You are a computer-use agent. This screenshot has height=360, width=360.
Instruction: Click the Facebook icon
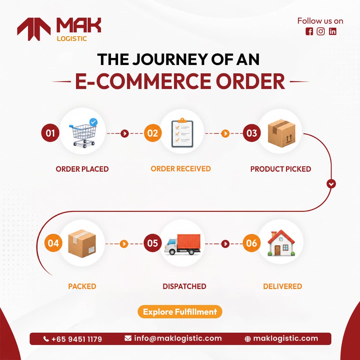pyautogui.click(x=309, y=31)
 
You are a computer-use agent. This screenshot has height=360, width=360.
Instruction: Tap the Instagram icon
pyautogui.click(x=321, y=31)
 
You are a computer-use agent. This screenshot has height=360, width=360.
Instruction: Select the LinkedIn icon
pyautogui.click(x=332, y=31)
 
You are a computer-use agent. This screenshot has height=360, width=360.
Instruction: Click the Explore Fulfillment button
pyautogui.click(x=180, y=312)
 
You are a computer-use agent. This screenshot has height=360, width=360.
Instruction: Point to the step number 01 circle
pyautogui.click(x=50, y=133)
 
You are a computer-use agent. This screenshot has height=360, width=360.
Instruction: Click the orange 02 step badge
pyautogui.click(x=153, y=133)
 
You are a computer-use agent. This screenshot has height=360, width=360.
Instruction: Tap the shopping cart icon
pyautogui.click(x=83, y=133)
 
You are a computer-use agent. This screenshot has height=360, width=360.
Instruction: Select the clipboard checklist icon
pyautogui.click(x=182, y=133)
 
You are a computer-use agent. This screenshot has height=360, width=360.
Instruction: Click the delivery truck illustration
pyautogui.click(x=183, y=244)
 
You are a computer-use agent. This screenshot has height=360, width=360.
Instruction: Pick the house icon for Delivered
pyautogui.click(x=281, y=243)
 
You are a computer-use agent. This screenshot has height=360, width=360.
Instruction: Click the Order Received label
pyautogui.click(x=181, y=169)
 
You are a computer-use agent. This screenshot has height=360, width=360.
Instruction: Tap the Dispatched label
pyautogui.click(x=184, y=286)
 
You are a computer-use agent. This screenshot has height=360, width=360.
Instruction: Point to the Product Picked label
pyautogui.click(x=281, y=169)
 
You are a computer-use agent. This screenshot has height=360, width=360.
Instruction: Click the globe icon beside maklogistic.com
pyautogui.click(x=248, y=339)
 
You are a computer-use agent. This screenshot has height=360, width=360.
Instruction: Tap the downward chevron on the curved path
pyautogui.click(x=331, y=184)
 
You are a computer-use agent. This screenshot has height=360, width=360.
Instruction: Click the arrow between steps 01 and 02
pyautogui.click(x=124, y=133)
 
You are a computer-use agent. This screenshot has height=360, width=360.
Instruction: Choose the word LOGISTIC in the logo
pyautogui.click(x=72, y=39)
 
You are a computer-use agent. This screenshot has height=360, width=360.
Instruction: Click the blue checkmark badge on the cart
pyautogui.click(x=93, y=122)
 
